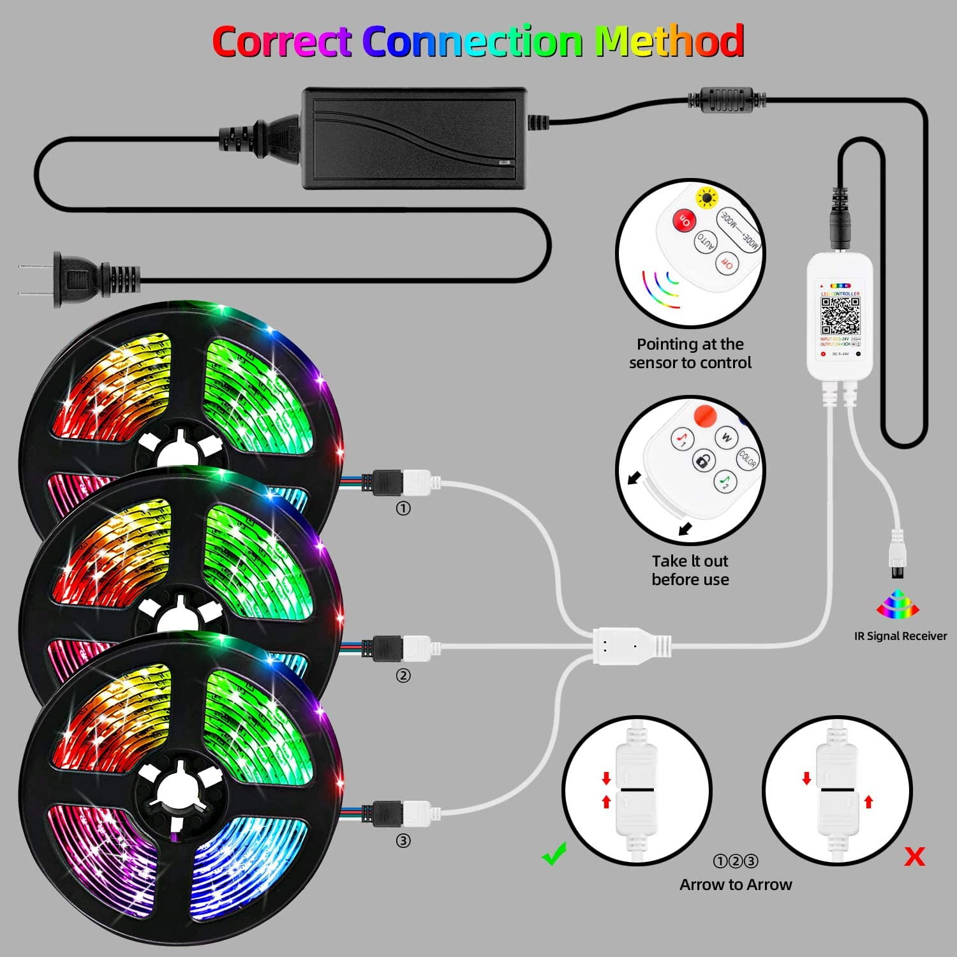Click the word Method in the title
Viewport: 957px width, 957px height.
[x=669, y=41]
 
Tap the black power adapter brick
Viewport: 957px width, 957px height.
[x=415, y=138]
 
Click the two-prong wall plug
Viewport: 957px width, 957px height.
[x=77, y=279]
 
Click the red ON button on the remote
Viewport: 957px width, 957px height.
[x=684, y=221]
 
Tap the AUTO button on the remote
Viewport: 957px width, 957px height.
[x=706, y=242]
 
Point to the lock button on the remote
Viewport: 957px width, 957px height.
[x=704, y=461]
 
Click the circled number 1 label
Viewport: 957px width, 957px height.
[x=403, y=508]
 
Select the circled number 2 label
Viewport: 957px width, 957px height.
[x=403, y=676]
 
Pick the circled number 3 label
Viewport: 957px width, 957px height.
[x=403, y=841]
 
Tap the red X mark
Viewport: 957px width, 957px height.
[x=915, y=857]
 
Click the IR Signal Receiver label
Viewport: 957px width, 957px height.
[x=900, y=636]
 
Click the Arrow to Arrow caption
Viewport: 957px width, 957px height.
[x=736, y=884]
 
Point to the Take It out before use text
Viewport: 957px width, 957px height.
[x=690, y=570]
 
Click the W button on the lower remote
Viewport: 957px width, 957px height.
[x=726, y=437]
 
